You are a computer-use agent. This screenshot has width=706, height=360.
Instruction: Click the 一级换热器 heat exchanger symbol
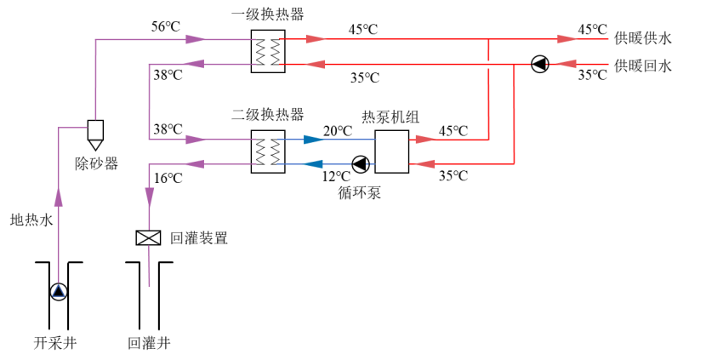[x=266, y=50]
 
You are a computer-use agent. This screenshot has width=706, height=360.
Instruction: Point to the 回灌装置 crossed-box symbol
[x=149, y=238]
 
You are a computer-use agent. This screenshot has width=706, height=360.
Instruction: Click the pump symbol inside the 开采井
[x=58, y=292]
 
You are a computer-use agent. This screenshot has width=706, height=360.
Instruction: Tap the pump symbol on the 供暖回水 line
[x=539, y=64]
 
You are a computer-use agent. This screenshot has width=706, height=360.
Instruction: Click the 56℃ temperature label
[x=166, y=26]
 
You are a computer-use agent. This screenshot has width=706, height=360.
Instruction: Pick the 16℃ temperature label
[x=168, y=178]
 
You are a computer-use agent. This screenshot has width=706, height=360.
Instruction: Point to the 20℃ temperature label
[x=337, y=130]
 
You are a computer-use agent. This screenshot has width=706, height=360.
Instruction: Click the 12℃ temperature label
[x=337, y=177]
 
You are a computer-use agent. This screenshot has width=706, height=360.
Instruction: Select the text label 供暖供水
[x=643, y=38]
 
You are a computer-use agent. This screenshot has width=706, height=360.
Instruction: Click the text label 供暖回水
[x=643, y=66]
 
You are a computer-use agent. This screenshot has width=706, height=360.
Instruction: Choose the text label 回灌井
[x=149, y=344]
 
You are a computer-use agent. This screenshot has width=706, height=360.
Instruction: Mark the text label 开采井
[x=55, y=344]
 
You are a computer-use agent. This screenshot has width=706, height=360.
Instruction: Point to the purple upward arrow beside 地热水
[x=58, y=197]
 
